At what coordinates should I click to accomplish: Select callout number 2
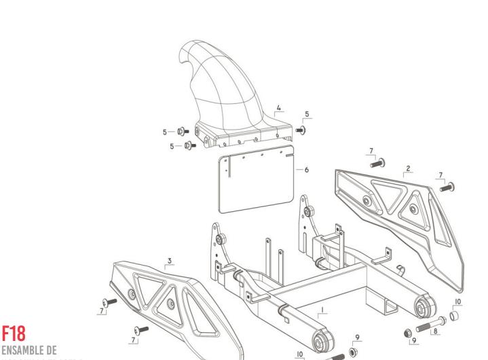[408, 167]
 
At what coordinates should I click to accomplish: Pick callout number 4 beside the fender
[278, 107]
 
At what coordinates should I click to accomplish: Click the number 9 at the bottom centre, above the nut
[357, 337]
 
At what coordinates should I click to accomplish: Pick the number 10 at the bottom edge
[299, 353]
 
